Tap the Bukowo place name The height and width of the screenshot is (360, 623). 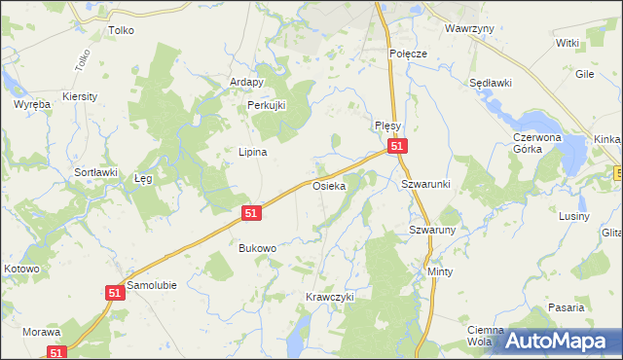click(x=258, y=248)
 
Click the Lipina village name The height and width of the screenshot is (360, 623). click(x=253, y=152)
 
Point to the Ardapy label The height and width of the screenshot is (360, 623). click(x=246, y=82)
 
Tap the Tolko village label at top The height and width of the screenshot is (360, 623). click(x=121, y=30)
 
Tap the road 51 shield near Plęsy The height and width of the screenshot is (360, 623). click(x=396, y=146)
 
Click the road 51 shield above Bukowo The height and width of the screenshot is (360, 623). click(x=251, y=212)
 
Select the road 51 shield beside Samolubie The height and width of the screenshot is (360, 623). click(x=115, y=292)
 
